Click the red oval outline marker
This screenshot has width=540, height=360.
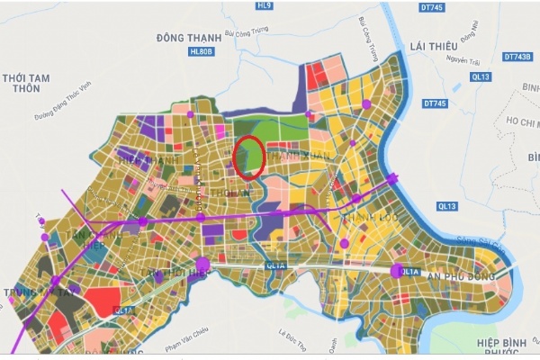(248, 156)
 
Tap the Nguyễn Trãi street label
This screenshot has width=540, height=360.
(461, 61)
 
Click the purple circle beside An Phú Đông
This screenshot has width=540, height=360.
(397, 270)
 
